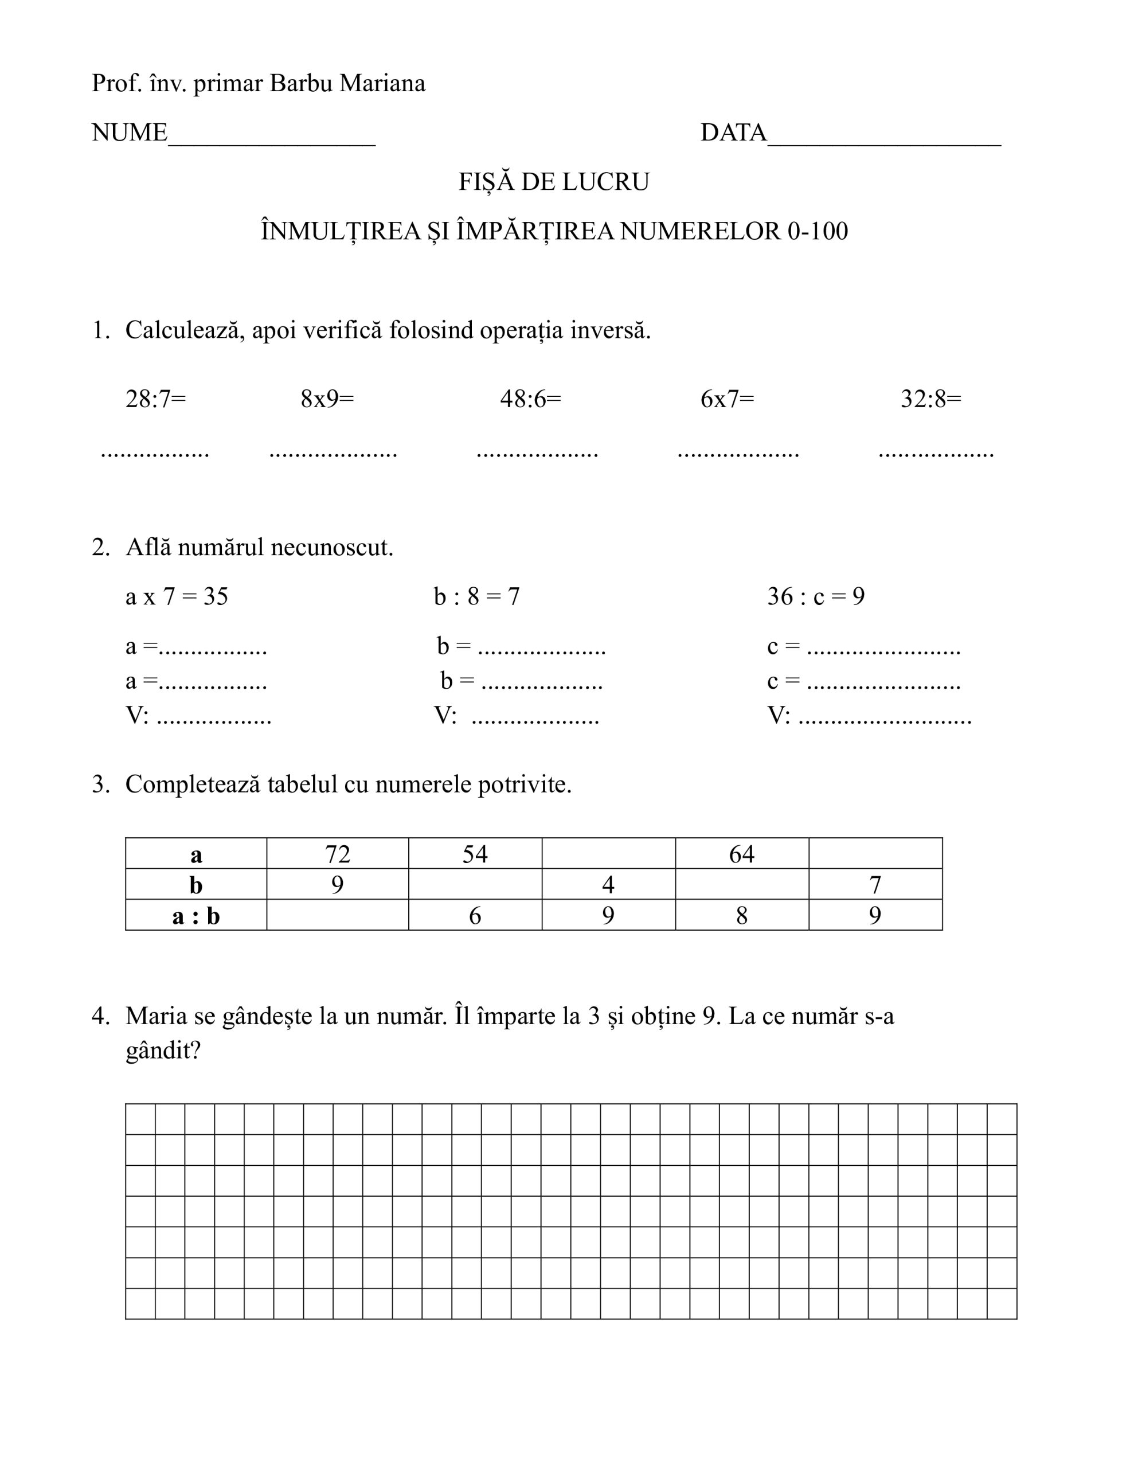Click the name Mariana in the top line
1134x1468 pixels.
click(x=382, y=83)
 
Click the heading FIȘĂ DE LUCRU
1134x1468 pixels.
click(x=554, y=182)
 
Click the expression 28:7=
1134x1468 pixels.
click(x=155, y=399)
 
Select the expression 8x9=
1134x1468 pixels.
click(x=327, y=399)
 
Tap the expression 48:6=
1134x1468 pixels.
click(x=530, y=399)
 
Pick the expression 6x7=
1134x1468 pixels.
click(x=728, y=399)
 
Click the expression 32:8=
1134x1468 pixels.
click(x=931, y=399)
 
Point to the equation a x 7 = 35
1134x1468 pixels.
click(x=177, y=597)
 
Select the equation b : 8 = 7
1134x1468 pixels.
click(x=476, y=597)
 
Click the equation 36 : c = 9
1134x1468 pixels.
click(x=816, y=597)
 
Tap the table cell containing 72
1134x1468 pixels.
click(x=338, y=854)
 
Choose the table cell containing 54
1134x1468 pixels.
click(x=475, y=854)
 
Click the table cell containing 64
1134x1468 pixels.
click(x=741, y=854)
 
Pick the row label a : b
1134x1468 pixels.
click(x=195, y=915)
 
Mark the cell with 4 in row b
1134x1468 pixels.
click(x=608, y=885)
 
